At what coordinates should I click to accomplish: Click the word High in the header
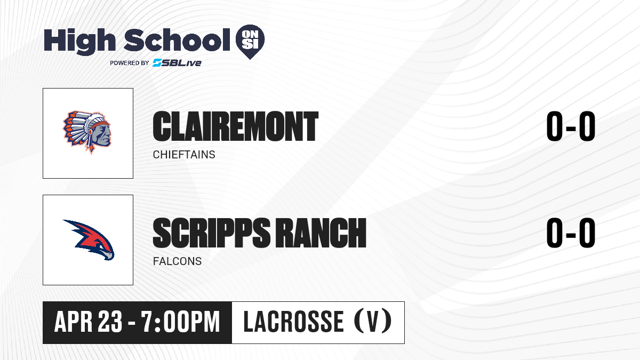79,41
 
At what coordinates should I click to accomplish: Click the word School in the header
177,39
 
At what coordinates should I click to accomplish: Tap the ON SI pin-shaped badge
250,41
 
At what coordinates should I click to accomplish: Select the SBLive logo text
177,63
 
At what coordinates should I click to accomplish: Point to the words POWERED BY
130,63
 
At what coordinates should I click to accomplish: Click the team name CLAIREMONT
235,126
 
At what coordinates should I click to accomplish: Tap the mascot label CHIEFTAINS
184,155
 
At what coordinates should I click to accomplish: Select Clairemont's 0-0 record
571,126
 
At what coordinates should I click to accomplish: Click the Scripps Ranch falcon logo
89,240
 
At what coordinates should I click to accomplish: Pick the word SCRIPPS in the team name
211,233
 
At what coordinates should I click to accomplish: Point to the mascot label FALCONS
177,261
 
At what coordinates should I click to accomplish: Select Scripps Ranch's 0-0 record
571,233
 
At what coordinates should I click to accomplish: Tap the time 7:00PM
181,322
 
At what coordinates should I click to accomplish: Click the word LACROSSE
293,322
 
